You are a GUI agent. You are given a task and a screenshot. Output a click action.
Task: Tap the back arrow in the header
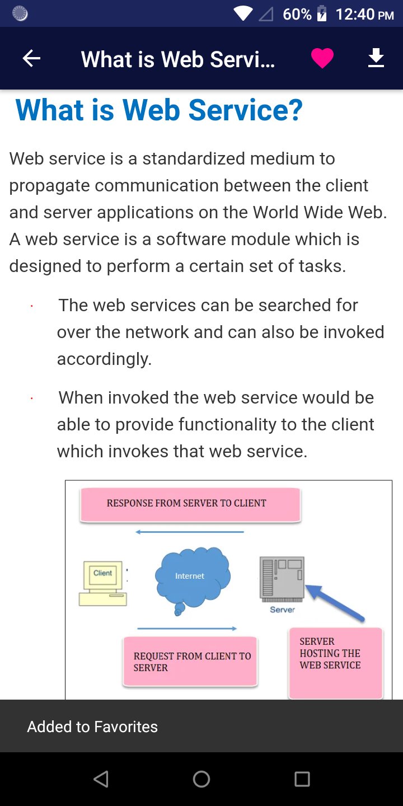[x=31, y=58]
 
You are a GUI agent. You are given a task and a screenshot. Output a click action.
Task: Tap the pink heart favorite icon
[x=322, y=58]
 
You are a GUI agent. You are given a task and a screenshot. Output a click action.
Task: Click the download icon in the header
[x=376, y=58]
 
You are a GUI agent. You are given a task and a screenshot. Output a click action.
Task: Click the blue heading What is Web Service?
[x=159, y=110]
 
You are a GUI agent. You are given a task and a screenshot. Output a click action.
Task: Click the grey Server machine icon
[x=282, y=579]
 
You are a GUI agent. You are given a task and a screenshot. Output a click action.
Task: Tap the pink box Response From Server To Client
[x=190, y=504]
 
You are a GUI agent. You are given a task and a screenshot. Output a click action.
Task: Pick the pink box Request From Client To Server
[x=190, y=662]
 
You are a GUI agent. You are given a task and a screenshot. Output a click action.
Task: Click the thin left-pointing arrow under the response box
[x=190, y=532]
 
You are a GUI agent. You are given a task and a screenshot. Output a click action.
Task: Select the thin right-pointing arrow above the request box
[x=187, y=629]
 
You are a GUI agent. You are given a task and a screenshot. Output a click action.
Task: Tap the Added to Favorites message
[x=92, y=727]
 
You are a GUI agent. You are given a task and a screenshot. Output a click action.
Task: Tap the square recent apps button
[x=302, y=779]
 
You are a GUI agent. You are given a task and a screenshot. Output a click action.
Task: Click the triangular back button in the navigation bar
[x=101, y=779]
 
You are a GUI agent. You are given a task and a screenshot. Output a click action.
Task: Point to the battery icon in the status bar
[x=322, y=13]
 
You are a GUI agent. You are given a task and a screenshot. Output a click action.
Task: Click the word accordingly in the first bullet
[x=104, y=359]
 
